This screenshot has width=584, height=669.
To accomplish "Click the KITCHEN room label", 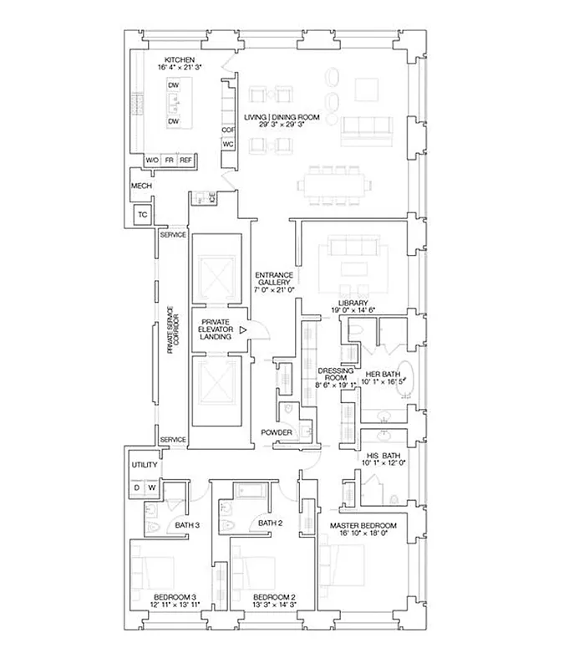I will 180,60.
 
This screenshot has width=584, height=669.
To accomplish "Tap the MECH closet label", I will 140,186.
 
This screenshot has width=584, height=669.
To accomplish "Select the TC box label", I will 143,215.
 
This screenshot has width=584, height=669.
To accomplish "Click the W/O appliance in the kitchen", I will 153,160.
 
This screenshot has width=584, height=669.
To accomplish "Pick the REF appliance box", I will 185,160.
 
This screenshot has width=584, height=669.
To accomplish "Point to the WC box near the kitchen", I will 227,144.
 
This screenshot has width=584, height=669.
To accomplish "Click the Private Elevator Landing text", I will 216,329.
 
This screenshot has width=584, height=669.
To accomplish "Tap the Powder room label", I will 276,432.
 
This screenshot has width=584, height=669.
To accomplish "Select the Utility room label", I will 145,466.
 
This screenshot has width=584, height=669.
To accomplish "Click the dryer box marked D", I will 136,487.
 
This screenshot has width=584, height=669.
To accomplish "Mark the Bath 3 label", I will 186,524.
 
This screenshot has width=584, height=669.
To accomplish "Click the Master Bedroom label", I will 363,524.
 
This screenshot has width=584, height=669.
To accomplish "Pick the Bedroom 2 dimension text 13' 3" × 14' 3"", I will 275,605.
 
